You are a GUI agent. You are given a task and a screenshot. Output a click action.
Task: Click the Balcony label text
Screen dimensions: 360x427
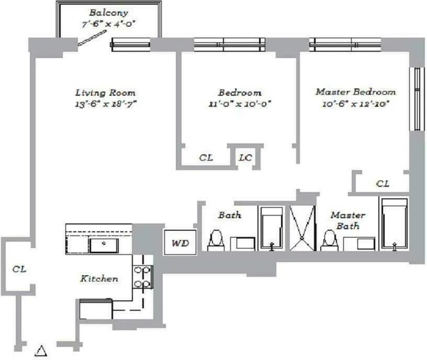point(108,12)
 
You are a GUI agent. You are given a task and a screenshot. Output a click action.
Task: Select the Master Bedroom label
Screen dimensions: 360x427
point(355,92)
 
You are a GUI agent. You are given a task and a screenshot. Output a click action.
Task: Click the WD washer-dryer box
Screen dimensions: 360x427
point(177,243)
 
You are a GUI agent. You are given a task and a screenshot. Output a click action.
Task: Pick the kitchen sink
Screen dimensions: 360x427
point(103,244)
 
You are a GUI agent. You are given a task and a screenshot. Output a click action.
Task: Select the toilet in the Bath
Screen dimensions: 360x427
point(215,240)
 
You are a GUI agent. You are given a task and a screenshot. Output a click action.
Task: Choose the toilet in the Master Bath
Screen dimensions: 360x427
point(329,240)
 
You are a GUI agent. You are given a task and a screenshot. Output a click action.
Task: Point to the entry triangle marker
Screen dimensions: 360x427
point(41,350)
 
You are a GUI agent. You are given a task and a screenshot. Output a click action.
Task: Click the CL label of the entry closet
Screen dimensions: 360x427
point(19,269)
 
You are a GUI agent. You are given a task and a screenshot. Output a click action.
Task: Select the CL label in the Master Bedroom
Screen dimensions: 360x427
point(383,184)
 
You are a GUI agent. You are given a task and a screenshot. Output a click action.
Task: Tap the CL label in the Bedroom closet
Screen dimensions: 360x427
point(206,157)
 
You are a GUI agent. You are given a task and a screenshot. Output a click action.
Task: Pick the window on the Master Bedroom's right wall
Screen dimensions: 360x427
point(417,99)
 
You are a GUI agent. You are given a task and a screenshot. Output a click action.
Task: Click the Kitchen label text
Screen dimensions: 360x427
point(99,278)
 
